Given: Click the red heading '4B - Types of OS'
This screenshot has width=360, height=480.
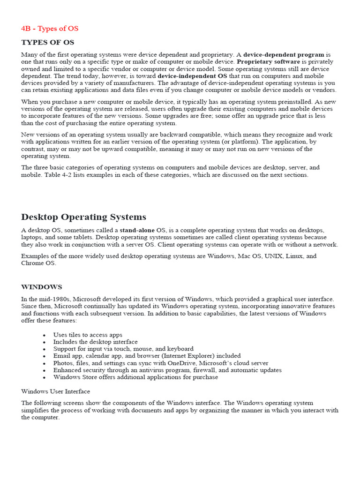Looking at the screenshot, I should [50, 29].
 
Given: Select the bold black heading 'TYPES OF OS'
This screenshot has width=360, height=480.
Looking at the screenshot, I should [47, 43].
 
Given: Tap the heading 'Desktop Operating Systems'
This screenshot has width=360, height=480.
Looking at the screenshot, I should [83, 217].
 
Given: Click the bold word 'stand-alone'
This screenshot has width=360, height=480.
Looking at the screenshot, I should [137, 231].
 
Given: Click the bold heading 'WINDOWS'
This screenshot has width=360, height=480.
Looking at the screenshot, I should [41, 287].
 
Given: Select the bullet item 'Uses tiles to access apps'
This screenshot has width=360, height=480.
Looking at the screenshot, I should [88, 335].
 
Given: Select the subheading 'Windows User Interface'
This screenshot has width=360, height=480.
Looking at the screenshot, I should [55, 391].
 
